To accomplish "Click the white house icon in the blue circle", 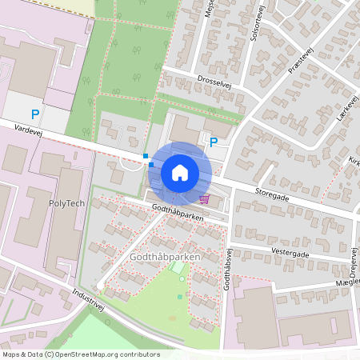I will click(x=180, y=172).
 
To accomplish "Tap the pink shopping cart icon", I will click(x=205, y=198).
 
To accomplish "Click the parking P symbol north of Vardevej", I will click(x=34, y=114).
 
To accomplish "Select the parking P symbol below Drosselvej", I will click(x=214, y=142).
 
